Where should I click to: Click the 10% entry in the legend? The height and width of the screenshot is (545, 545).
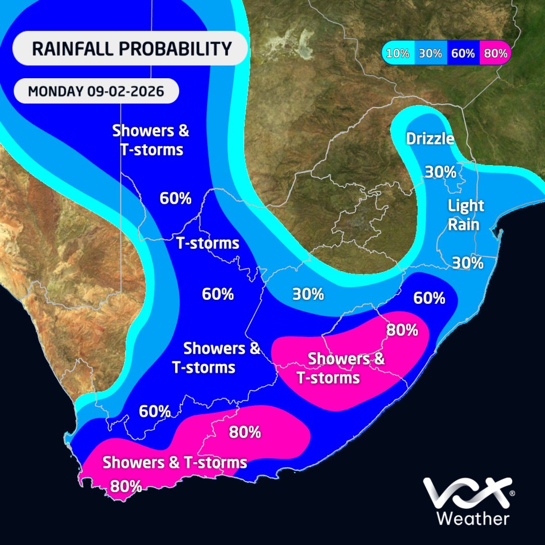pos(398,53)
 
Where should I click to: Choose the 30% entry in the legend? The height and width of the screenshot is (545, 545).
pos(430,53)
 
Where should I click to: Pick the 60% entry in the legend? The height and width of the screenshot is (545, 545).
pos(463,53)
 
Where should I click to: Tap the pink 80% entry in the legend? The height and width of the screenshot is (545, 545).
pos(495,53)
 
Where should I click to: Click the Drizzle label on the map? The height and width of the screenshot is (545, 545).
pos(430,138)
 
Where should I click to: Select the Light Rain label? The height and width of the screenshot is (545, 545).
pos(466,214)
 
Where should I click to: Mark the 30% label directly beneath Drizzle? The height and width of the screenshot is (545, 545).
pos(440,172)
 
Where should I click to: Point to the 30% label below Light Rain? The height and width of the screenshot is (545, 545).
pos(467,263)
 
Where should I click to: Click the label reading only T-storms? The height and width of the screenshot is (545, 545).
pos(207,243)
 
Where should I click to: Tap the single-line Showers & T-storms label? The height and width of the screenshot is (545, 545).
pos(175,462)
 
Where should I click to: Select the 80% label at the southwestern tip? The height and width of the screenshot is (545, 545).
pos(126,486)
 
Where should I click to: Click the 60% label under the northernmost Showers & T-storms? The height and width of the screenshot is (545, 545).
pos(176,198)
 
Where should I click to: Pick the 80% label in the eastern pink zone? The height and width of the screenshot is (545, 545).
pos(402,330)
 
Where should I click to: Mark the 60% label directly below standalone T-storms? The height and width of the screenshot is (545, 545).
pos(218,294)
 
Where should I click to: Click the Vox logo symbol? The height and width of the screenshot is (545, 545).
pos(466,494)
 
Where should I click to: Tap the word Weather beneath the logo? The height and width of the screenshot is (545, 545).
pos(472,518)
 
